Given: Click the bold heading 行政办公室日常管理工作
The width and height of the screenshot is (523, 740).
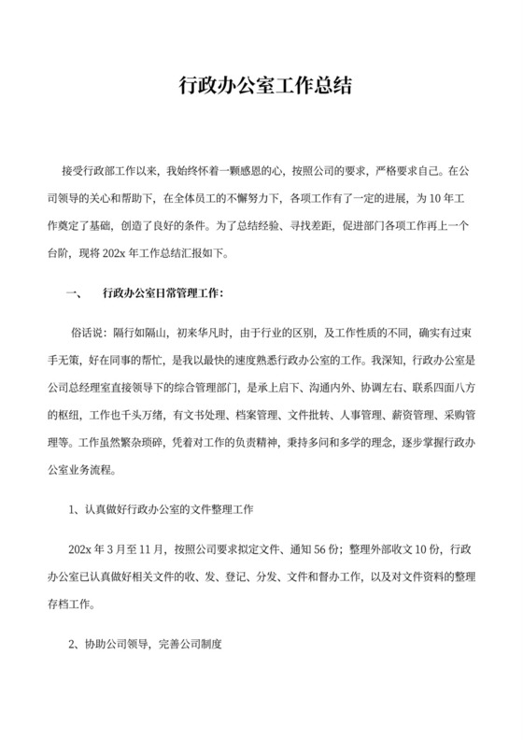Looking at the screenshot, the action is click(162, 292).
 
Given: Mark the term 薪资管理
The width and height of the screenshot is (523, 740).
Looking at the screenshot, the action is click(403, 412).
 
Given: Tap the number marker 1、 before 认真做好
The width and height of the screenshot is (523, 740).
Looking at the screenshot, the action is click(76, 511).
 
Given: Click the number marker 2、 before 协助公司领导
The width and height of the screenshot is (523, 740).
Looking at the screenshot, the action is click(76, 644).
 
